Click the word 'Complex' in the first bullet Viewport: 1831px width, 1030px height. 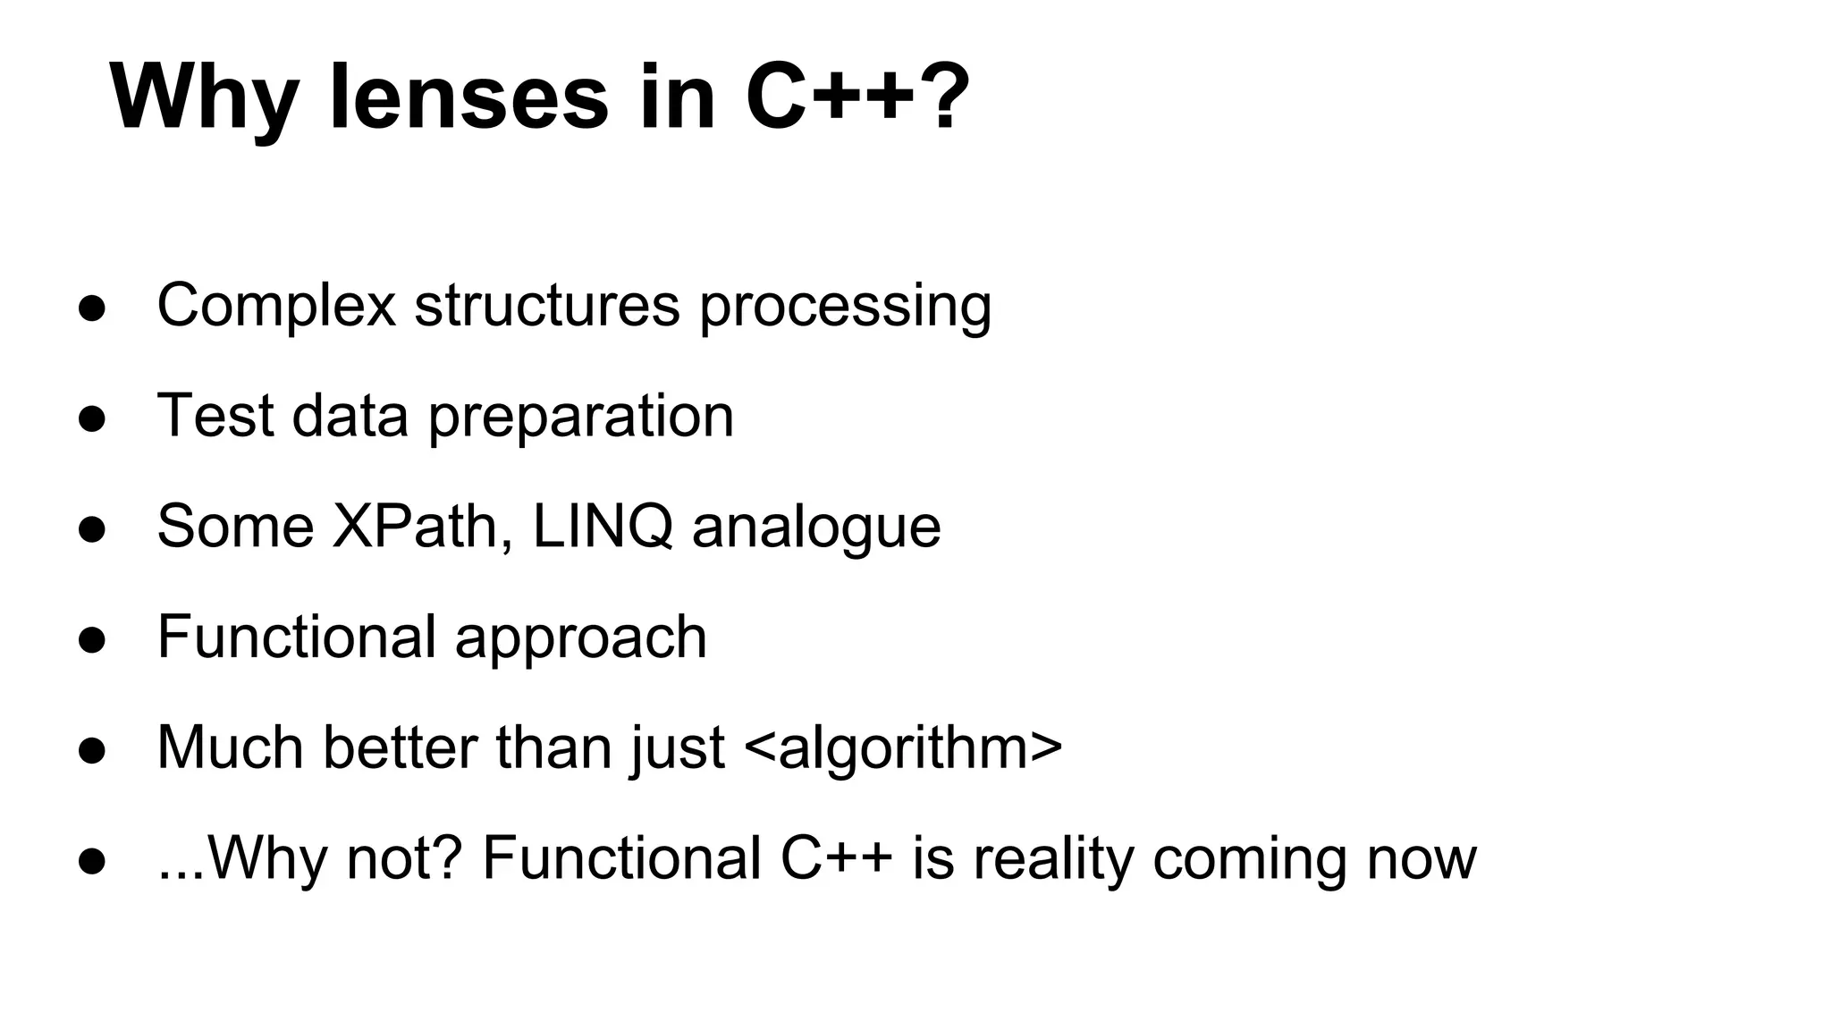click(x=275, y=306)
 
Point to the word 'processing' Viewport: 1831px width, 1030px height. click(x=845, y=306)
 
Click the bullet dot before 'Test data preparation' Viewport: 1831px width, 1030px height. click(x=92, y=418)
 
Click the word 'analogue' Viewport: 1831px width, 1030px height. click(x=816, y=528)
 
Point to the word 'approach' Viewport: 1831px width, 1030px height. click(x=580, y=638)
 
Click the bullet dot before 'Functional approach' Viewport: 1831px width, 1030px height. click(x=92, y=639)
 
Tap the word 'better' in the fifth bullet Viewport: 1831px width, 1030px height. click(x=400, y=747)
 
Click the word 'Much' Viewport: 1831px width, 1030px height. click(x=230, y=747)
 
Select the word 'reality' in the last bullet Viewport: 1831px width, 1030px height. click(x=1052, y=858)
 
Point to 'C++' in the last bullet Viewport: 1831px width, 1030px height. click(x=836, y=858)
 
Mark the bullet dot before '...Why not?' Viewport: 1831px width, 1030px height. click(x=92, y=860)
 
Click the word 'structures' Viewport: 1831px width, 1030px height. click(x=546, y=306)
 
